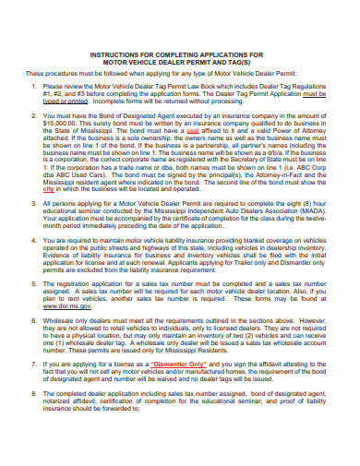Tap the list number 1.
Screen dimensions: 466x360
[32, 86]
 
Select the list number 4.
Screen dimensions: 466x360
[32, 239]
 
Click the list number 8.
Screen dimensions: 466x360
[32, 418]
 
